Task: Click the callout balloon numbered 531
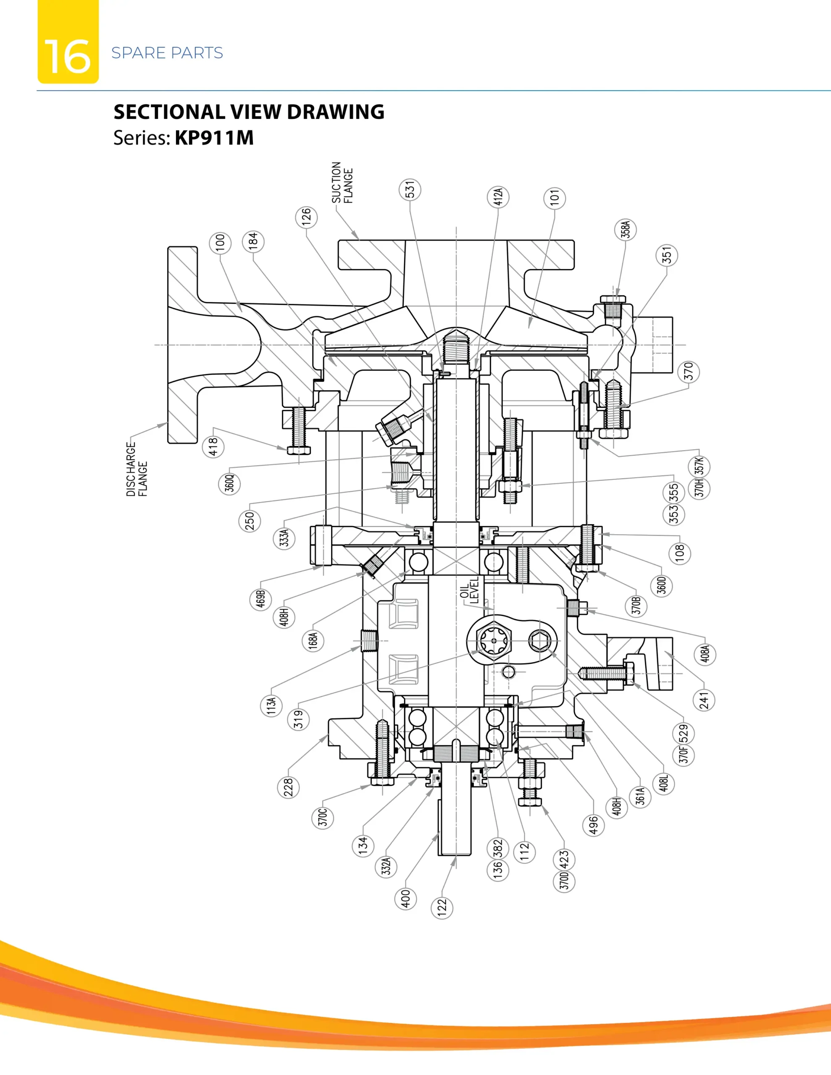pyautogui.click(x=410, y=189)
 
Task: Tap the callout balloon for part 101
pyautogui.click(x=555, y=198)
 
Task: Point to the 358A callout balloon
pyautogui.click(x=626, y=230)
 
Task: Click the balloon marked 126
pyautogui.click(x=306, y=217)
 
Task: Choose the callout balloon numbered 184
pyautogui.click(x=253, y=242)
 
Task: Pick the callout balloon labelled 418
pyautogui.click(x=213, y=447)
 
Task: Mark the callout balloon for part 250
pyautogui.click(x=250, y=521)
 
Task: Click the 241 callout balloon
pyautogui.click(x=705, y=700)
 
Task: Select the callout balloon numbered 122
pyautogui.click(x=442, y=907)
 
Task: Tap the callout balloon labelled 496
pyautogui.click(x=594, y=826)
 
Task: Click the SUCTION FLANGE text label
pyautogui.click(x=342, y=183)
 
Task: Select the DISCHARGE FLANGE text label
pyautogui.click(x=137, y=469)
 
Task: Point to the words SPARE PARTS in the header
pyautogui.click(x=167, y=52)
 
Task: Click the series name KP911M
pyautogui.click(x=214, y=138)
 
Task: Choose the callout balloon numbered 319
pyautogui.click(x=299, y=720)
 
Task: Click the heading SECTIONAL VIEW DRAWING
pyautogui.click(x=249, y=112)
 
